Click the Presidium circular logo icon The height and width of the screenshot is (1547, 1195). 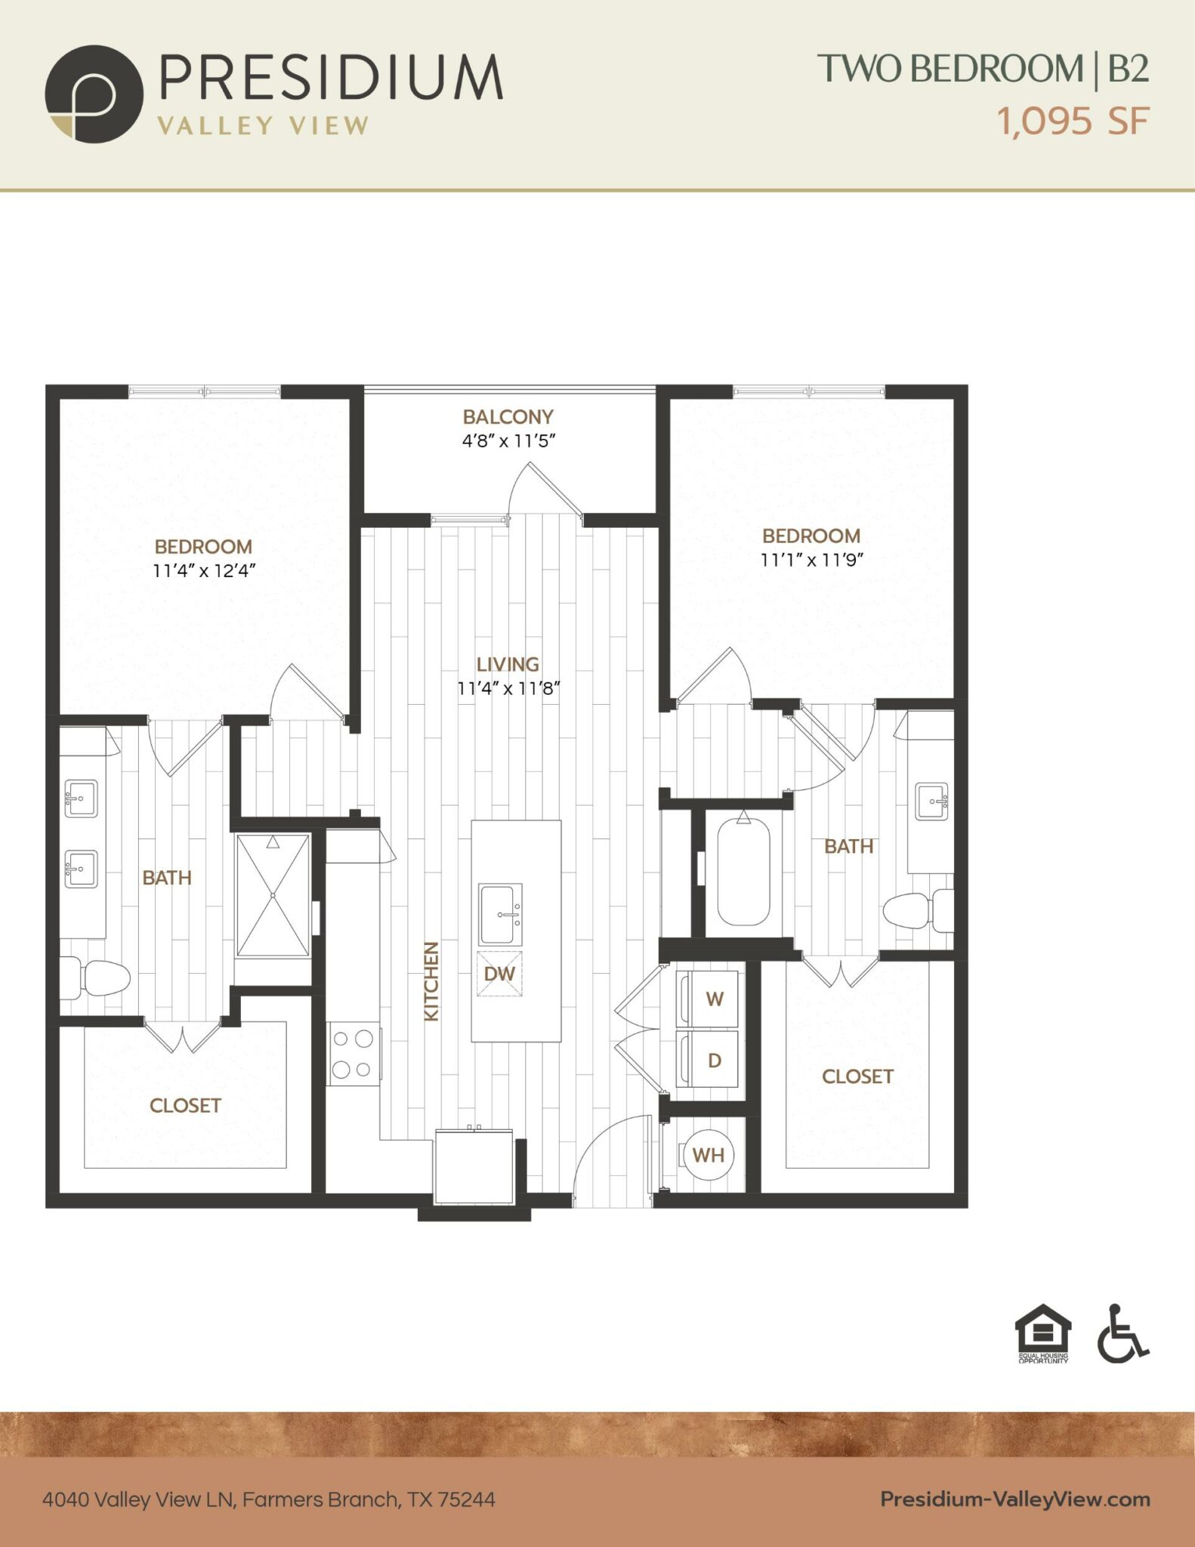click(x=94, y=94)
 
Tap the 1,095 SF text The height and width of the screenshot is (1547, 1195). click(x=1073, y=120)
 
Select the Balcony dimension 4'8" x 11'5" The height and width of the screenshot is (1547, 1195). click(x=508, y=440)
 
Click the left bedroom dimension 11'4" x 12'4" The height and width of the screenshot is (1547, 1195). click(x=204, y=570)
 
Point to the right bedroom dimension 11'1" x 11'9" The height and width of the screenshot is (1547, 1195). click(x=811, y=560)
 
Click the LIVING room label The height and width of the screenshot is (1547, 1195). click(x=508, y=664)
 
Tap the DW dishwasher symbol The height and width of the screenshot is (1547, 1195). click(x=499, y=974)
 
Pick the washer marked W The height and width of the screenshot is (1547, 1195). click(x=709, y=999)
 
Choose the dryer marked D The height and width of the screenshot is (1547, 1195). click(x=709, y=1060)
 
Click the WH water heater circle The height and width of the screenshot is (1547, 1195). click(x=708, y=1154)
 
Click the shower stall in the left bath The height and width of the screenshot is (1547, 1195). click(x=273, y=895)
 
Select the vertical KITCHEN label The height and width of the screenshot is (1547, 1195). click(x=431, y=981)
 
